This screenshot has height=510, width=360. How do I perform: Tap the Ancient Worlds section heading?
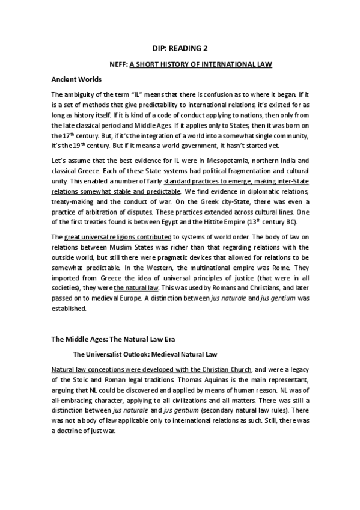[x=76, y=79]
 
